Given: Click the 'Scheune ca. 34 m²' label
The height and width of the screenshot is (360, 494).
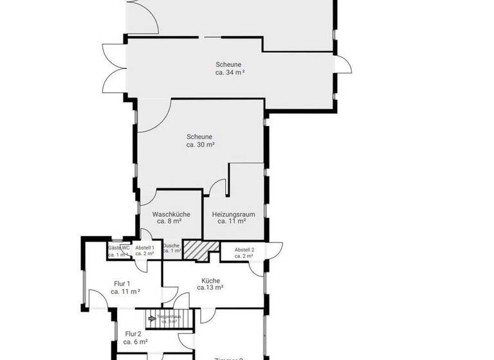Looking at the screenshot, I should click(x=230, y=68).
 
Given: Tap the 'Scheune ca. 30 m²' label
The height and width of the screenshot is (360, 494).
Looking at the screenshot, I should click(x=199, y=141).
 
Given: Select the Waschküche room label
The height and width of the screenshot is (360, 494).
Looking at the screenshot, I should click(x=170, y=217).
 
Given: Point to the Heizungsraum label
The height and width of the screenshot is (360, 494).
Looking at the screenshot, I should click(x=230, y=217).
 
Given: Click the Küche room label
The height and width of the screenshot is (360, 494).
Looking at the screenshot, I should click(x=210, y=284).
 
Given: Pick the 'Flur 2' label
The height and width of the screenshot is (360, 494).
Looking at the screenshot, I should click(x=133, y=337).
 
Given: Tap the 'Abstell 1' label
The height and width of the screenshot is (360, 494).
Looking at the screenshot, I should click(x=145, y=251).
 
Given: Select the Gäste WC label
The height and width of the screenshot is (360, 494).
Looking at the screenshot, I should click(x=119, y=251).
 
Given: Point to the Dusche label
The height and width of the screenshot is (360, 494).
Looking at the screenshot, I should click(x=171, y=248).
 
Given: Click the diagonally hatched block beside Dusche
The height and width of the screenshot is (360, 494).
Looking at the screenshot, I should click(x=196, y=249).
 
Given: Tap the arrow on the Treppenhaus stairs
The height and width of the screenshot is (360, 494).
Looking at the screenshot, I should click(x=152, y=317).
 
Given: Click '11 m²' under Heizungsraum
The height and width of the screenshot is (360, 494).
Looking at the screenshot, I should click(x=230, y=221).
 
